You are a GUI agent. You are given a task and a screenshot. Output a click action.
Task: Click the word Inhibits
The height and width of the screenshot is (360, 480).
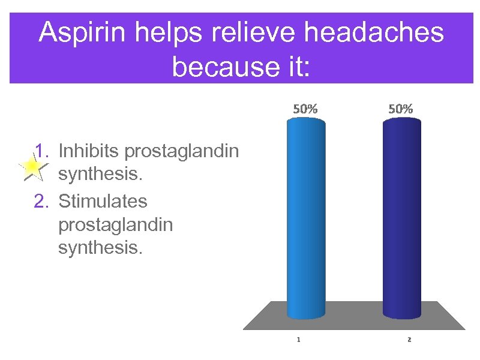(x=89, y=150)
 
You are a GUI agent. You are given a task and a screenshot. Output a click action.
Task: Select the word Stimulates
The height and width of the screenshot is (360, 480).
(x=102, y=201)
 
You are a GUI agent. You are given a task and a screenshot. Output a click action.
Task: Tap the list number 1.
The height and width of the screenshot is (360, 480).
(x=41, y=150)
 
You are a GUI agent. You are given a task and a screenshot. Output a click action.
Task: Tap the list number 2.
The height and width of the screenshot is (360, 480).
(x=41, y=201)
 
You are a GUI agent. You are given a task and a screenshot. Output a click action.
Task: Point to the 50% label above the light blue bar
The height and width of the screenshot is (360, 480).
(x=305, y=109)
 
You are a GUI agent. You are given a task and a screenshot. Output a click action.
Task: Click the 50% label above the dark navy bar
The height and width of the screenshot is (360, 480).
(x=400, y=109)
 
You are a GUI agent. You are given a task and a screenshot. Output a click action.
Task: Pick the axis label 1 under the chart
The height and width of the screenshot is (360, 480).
(x=299, y=340)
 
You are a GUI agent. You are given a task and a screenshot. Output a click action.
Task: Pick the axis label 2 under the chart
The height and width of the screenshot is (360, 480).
(x=409, y=340)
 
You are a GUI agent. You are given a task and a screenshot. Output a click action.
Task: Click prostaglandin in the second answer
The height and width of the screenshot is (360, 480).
(x=115, y=225)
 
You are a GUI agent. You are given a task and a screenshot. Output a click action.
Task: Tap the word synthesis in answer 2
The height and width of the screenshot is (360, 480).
(x=100, y=248)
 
